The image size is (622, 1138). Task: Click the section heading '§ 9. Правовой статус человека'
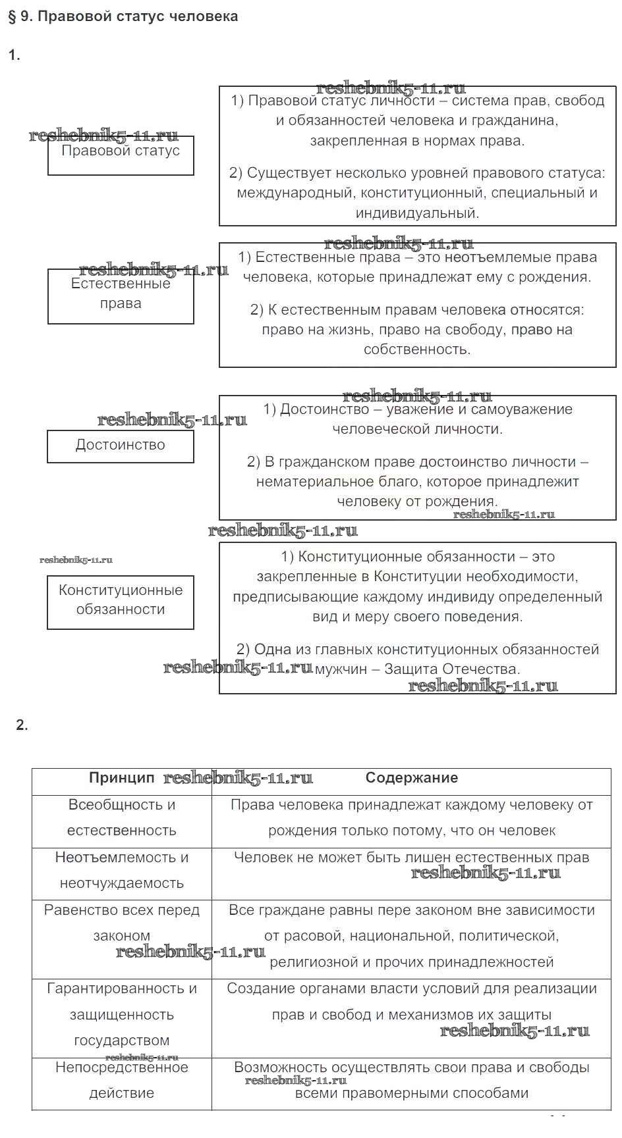click(123, 17)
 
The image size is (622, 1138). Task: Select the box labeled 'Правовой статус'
click(121, 155)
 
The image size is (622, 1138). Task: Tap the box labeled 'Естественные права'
click(121, 296)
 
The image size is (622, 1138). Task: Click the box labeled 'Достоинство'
click(121, 446)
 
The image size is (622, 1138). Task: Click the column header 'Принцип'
click(122, 778)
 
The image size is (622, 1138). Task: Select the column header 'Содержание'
click(411, 778)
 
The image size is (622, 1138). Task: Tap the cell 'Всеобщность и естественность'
click(122, 818)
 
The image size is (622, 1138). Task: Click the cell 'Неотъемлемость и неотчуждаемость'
click(122, 871)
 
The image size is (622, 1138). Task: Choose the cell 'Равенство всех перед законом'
click(122, 923)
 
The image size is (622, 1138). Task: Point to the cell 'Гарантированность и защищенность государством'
click(122, 1014)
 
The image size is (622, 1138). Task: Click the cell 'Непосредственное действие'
click(122, 1080)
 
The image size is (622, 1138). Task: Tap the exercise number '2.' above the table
click(22, 725)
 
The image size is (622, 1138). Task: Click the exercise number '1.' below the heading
click(14, 55)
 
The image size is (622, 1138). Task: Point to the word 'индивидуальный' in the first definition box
click(416, 213)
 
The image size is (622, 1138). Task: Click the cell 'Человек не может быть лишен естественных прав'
click(411, 858)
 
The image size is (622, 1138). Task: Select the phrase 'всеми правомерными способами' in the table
click(411, 1093)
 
